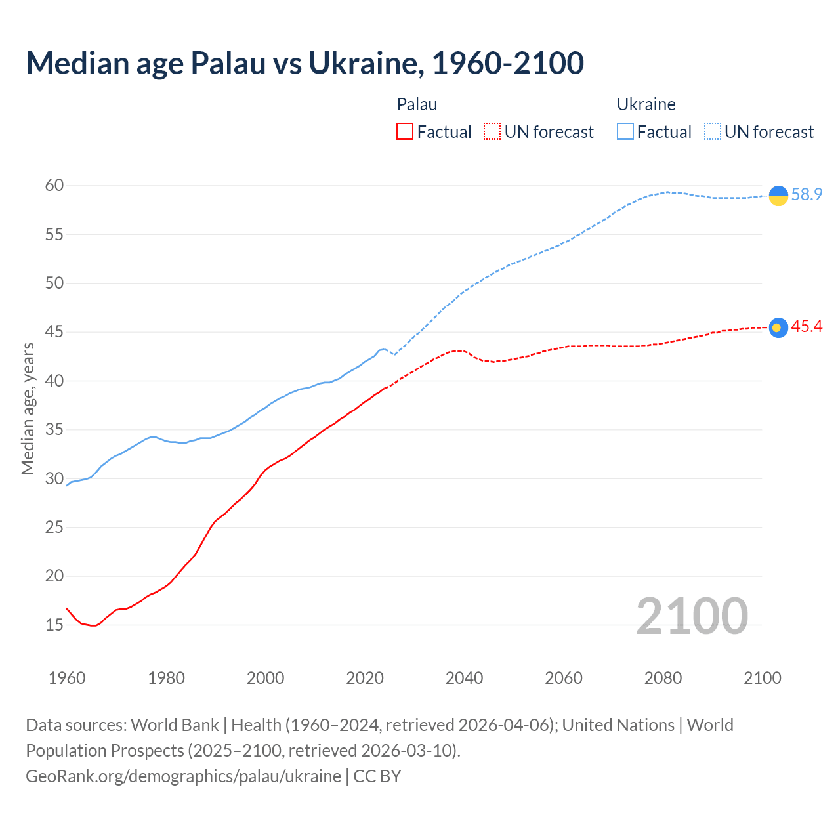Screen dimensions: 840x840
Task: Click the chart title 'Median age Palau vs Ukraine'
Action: point(304,63)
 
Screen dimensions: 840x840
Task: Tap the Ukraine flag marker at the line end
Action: point(778,196)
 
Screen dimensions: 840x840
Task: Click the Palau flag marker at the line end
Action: point(778,327)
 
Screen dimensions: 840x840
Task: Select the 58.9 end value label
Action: point(807,195)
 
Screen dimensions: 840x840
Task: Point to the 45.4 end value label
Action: point(807,327)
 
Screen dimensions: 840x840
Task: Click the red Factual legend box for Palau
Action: point(405,132)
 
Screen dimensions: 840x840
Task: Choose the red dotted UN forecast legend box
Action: point(492,132)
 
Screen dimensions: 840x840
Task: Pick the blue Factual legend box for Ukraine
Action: point(625,132)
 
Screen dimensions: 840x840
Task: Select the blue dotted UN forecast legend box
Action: point(713,132)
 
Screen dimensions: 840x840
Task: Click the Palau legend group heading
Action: point(417,104)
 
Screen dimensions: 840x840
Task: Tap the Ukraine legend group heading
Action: point(646,104)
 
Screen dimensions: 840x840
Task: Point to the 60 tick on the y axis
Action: point(54,186)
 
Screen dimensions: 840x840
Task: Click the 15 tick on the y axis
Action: point(54,625)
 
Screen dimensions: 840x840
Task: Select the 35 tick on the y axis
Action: point(54,430)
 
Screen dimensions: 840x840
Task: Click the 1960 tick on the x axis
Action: point(67,678)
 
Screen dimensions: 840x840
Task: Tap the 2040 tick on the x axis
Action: point(464,678)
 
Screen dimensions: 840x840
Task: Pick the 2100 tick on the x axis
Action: point(763,678)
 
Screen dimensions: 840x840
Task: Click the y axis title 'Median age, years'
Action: point(28,408)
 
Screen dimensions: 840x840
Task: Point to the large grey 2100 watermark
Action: point(692,616)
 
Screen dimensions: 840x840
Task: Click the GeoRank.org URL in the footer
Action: point(183,776)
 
